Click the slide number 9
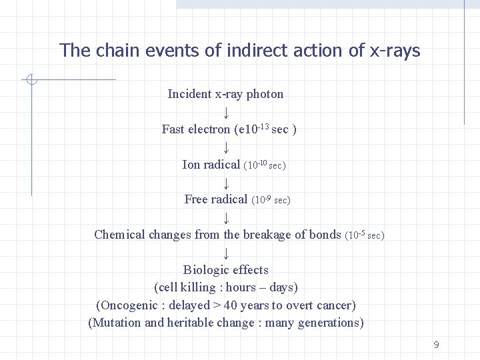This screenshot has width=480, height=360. coord(436,345)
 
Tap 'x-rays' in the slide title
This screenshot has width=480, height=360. coord(395,51)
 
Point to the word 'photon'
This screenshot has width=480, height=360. coord(265,94)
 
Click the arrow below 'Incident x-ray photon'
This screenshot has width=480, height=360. coord(226,111)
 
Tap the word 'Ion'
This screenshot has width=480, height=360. coord(191,165)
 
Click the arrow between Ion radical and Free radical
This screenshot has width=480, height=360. coord(226,182)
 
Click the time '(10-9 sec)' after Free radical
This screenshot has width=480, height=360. coord(271,199)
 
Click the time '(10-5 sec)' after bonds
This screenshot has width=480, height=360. coord(365,235)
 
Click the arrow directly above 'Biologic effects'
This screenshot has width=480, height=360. coord(226,253)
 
